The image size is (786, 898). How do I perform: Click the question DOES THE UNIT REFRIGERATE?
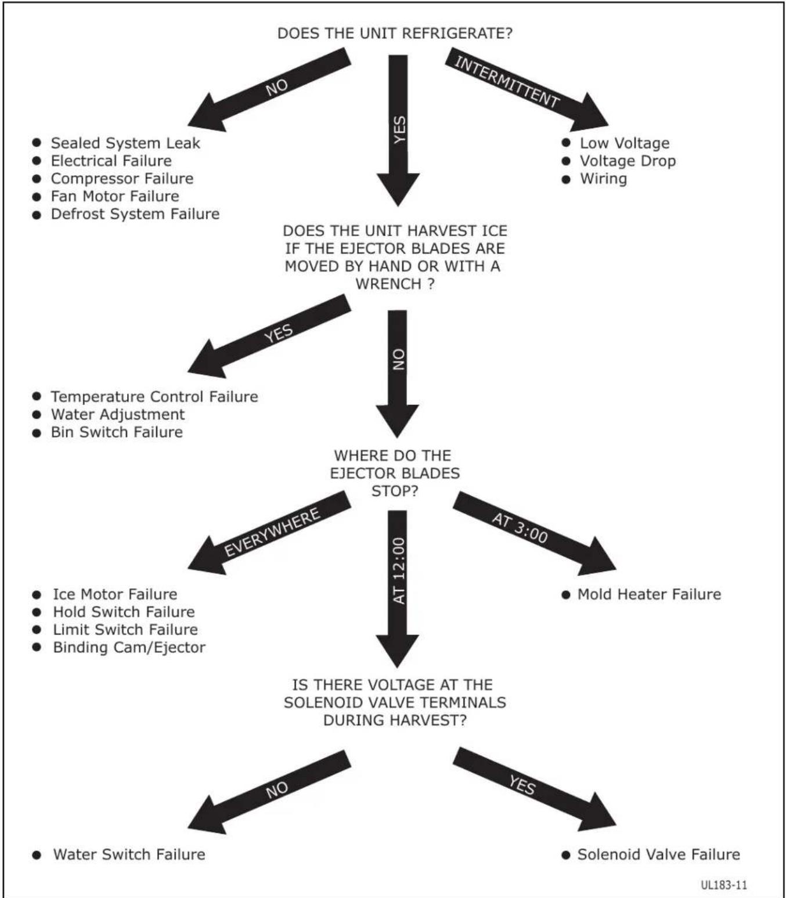pos(395,34)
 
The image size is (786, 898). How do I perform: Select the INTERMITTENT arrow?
pos(527,89)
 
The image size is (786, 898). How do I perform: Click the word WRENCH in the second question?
pos(388,284)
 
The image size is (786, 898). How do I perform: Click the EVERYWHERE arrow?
pos(269,533)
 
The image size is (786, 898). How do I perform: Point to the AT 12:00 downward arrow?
pos(398,589)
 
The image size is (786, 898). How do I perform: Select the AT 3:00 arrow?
pos(535,534)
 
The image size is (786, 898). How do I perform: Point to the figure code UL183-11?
pos(724,885)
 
